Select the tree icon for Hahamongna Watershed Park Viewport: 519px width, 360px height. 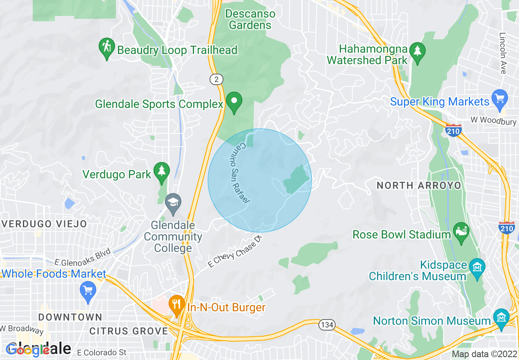click(417, 52)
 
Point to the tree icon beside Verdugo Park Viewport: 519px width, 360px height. click(161, 171)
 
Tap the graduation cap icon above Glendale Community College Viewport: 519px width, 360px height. click(173, 203)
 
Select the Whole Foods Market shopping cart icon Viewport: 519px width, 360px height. click(88, 291)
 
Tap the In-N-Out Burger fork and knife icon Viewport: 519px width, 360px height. click(177, 304)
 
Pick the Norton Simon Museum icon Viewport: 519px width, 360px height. click(501, 317)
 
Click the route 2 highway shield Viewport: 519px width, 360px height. click(216, 79)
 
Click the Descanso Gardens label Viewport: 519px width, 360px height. click(250, 19)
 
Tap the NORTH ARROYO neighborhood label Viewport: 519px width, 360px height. click(419, 185)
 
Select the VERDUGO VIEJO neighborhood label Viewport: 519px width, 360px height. click(44, 224)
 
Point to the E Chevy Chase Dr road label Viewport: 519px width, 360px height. click(235, 251)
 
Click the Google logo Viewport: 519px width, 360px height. click(28, 350)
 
